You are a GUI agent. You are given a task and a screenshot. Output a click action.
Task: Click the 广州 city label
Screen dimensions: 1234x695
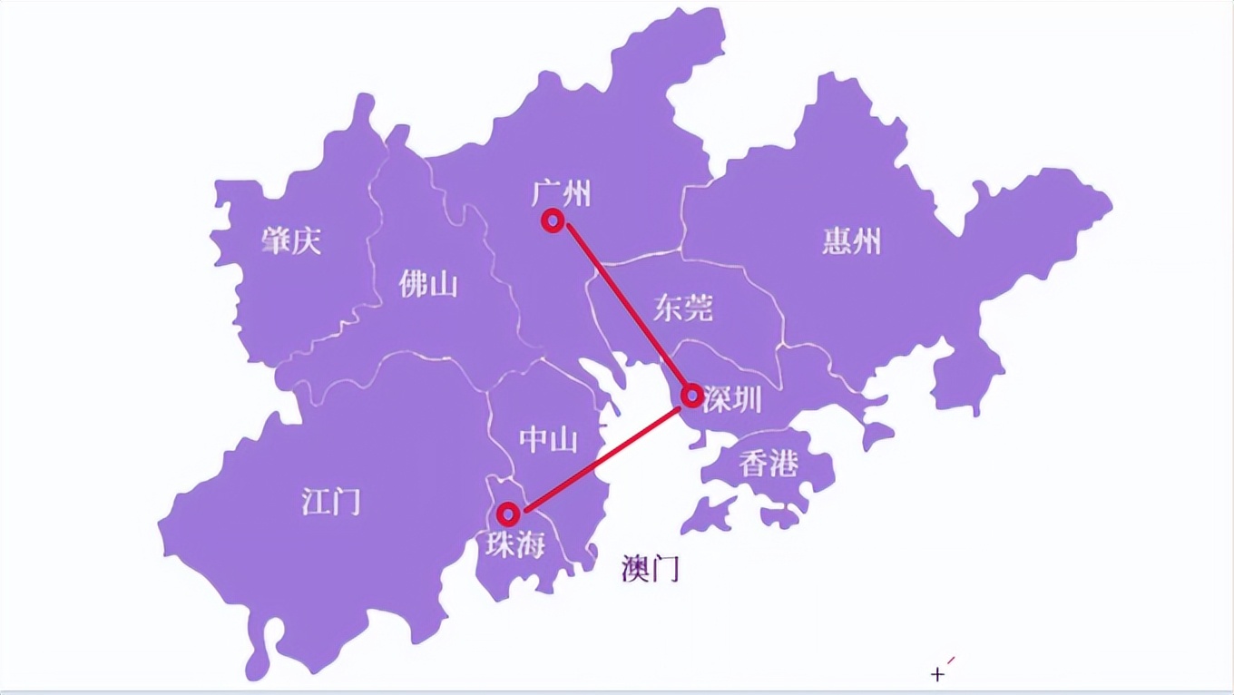[561, 193]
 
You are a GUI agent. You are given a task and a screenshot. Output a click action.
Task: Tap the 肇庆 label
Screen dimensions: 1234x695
[291, 240]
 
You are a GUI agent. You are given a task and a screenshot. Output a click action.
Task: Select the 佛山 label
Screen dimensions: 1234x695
[428, 284]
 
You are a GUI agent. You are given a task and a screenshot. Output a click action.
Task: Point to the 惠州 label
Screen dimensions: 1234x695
[851, 241]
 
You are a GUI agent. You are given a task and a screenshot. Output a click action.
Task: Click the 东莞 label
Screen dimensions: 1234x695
[683, 308]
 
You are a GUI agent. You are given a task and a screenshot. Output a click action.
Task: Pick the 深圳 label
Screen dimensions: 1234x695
[732, 398]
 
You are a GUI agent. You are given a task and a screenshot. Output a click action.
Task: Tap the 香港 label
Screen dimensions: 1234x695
[768, 465]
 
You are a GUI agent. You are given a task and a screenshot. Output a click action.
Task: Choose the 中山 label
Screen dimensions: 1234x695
[548, 440]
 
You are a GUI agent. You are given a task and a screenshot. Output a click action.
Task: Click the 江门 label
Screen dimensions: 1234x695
[330, 501]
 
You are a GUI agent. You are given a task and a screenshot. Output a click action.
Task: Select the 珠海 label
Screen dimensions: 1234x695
[514, 544]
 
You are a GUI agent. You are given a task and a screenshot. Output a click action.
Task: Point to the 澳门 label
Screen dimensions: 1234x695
[650, 569]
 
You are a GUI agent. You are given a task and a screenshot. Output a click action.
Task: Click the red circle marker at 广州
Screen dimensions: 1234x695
[552, 220]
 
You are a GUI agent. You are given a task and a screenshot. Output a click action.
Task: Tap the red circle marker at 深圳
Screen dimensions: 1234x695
[691, 395]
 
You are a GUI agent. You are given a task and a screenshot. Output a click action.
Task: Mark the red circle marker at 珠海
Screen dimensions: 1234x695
[508, 514]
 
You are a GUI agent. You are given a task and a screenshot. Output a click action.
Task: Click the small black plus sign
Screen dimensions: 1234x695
[937, 674]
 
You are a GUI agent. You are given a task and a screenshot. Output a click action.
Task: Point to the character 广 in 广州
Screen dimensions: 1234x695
[545, 193]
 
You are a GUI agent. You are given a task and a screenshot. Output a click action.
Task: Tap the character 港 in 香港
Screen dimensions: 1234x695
[783, 465]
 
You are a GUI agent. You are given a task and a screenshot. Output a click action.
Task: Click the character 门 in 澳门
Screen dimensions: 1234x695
[665, 569]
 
